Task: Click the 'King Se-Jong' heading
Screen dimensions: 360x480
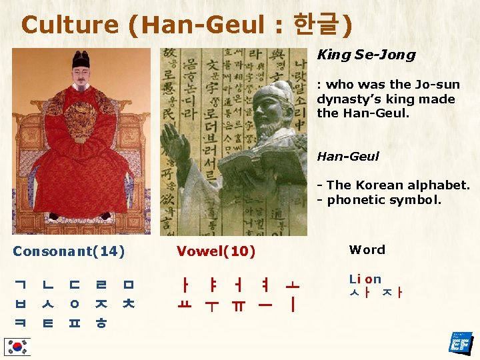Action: click(x=366, y=55)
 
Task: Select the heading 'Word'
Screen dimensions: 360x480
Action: click(x=367, y=250)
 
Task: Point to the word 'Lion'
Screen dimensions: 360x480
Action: click(x=365, y=279)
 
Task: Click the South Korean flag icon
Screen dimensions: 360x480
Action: click(x=17, y=347)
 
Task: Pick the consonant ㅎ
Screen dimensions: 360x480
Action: click(x=99, y=324)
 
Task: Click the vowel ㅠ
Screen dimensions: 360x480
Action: click(x=239, y=305)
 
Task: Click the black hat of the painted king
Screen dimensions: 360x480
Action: click(x=81, y=61)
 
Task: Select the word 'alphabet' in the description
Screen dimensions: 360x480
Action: click(x=440, y=185)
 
